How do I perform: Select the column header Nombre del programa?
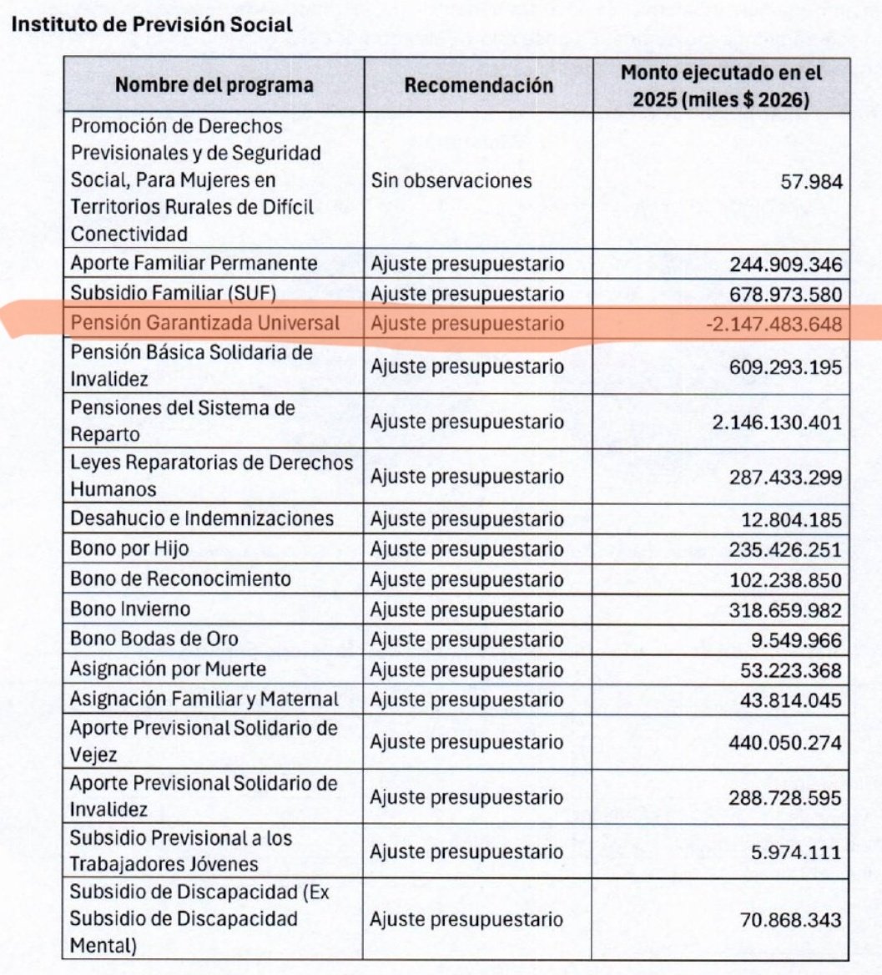coord(214,85)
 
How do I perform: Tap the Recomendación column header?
coord(479,85)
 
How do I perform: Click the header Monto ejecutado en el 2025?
coord(722,84)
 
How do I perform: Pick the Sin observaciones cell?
coord(451,180)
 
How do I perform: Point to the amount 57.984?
coord(808,180)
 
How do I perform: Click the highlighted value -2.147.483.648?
coord(773,324)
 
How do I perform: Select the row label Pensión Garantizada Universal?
coord(205,324)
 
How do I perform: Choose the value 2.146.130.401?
coord(777,422)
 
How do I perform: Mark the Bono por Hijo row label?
coord(129,549)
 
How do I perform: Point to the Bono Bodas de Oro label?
coord(154,639)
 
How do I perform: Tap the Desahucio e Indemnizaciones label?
coord(202,519)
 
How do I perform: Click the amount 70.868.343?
coord(789,920)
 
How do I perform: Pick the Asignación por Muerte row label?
coord(169,669)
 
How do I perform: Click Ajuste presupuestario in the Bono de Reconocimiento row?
coord(467,579)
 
